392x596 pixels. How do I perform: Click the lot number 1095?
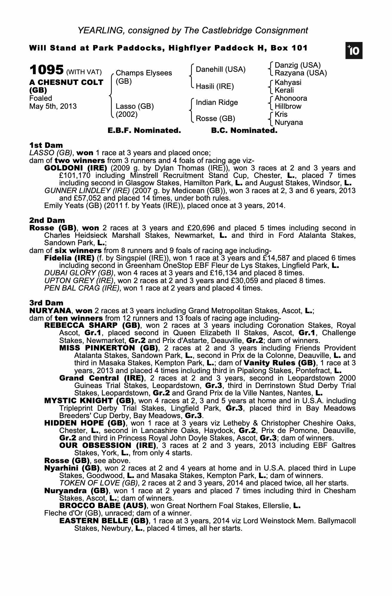(x=47, y=70)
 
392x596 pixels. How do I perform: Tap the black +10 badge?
(x=354, y=51)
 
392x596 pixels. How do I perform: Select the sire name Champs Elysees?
(x=144, y=73)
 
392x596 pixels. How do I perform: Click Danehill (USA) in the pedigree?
(x=220, y=69)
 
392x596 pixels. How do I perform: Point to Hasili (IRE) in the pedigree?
(x=215, y=86)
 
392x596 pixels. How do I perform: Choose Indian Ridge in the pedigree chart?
(x=217, y=103)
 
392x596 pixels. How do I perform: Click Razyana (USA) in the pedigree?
(x=301, y=73)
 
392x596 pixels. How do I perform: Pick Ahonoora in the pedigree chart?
(x=291, y=98)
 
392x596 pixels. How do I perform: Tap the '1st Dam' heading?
(x=46, y=145)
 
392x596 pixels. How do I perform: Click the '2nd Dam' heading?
(x=47, y=220)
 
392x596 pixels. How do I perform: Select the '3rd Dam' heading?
(x=46, y=303)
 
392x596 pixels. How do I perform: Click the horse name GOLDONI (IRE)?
(x=75, y=168)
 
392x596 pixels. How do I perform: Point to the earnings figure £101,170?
(x=75, y=176)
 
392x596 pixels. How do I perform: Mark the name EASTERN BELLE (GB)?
(x=104, y=521)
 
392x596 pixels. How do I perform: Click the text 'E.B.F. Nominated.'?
(x=144, y=131)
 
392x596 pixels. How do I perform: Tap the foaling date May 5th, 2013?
(x=53, y=106)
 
